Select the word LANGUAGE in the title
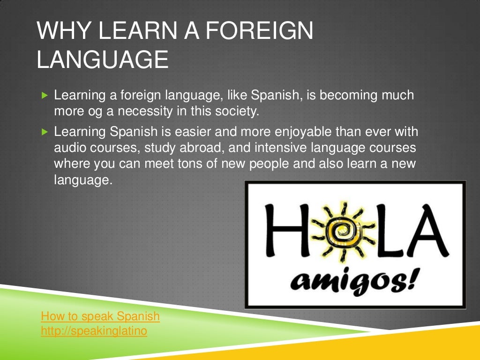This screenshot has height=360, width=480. [x=102, y=60]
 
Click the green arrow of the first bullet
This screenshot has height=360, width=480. [x=45, y=96]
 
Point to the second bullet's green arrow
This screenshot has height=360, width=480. [x=45, y=132]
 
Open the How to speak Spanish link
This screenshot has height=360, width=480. [x=100, y=316]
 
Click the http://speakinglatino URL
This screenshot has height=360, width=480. [x=94, y=331]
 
